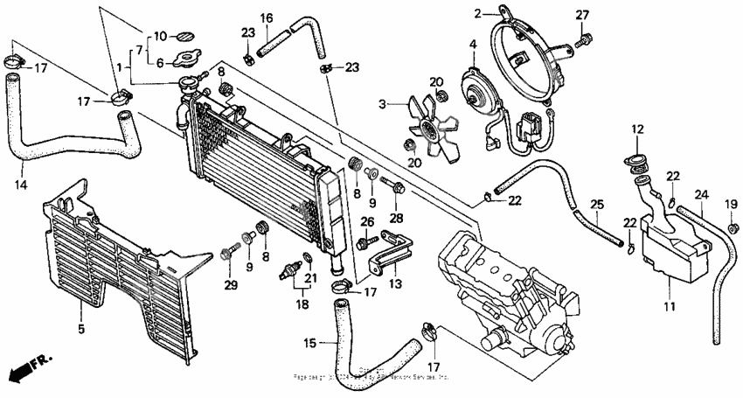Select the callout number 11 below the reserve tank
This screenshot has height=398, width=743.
coord(669,307)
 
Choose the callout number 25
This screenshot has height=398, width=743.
coord(596,206)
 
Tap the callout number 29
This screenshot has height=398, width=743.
coord(231,286)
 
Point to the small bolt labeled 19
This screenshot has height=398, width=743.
coord(731,229)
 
